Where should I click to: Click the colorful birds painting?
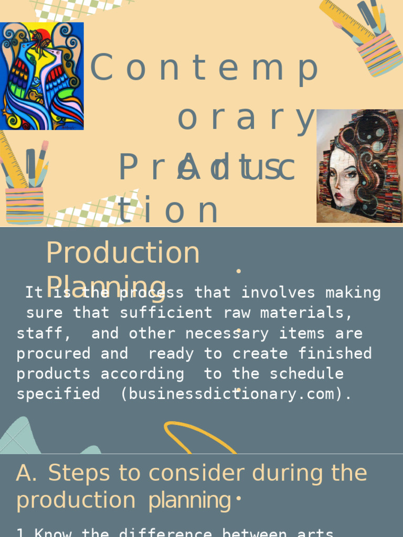[42, 76]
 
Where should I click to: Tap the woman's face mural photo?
[359, 166]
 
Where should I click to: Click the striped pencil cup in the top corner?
[379, 52]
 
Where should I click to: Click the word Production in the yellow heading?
[123, 253]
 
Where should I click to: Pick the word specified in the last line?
[58, 394]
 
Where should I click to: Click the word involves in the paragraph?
[278, 293]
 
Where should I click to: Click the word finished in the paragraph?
[335, 353]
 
